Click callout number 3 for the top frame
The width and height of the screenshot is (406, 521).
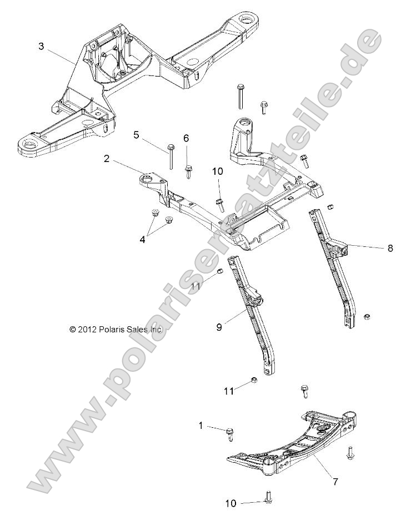41,46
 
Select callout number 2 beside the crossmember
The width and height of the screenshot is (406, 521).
106,159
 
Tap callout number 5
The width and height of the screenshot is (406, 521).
136,134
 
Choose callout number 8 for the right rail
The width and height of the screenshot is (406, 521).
390,248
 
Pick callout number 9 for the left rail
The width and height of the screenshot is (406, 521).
219,327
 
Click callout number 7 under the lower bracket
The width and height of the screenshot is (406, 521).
335,482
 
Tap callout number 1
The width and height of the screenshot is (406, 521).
201,426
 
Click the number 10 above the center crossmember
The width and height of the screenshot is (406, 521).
217,173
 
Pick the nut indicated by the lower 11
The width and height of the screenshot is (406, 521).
251,381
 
